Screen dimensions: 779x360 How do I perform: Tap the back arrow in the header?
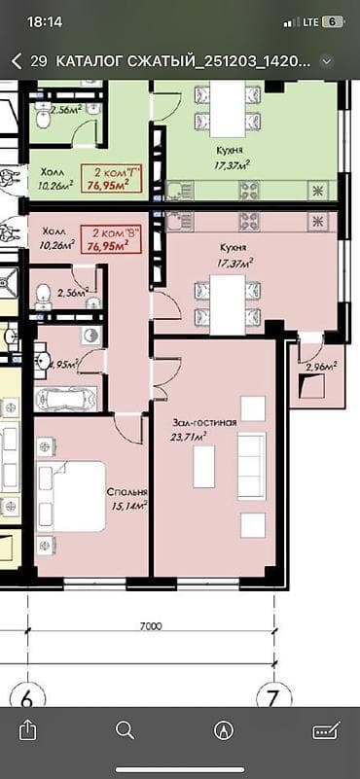[17, 60]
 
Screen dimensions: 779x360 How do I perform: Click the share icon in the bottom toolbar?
[28, 729]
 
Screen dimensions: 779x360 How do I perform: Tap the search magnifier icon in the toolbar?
[125, 729]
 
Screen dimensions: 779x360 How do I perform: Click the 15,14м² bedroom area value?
[127, 506]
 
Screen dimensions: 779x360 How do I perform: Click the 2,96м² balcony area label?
[320, 367]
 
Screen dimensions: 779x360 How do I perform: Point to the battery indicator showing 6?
[333, 20]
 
